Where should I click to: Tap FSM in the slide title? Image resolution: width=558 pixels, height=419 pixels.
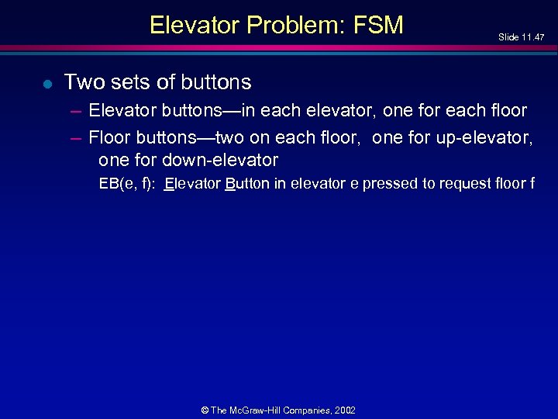378,25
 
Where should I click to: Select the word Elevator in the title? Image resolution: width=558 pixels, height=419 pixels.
195,25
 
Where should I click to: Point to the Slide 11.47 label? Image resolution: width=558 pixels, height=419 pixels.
521,36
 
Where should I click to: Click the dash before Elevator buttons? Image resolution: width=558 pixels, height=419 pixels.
75,111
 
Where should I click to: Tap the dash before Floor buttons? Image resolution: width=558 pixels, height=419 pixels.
75,137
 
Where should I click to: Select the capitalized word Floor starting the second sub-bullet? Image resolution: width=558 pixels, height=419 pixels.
110,137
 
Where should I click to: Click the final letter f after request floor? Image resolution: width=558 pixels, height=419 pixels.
532,184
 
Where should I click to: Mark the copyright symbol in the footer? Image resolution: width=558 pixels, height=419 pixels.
205,410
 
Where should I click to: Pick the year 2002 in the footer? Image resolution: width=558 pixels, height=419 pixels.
345,410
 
